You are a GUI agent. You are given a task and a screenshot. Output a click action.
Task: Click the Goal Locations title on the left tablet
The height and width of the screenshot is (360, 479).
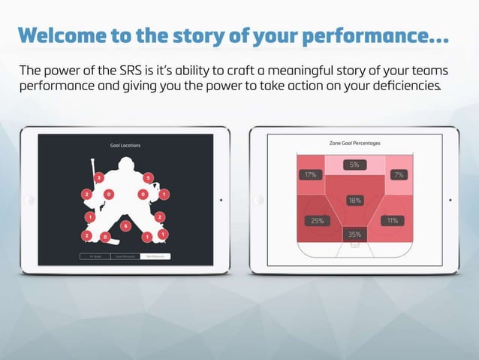125,145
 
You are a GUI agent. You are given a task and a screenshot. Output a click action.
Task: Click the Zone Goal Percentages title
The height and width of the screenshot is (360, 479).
354,142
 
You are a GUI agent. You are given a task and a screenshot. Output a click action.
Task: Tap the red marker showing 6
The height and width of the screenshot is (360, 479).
125,225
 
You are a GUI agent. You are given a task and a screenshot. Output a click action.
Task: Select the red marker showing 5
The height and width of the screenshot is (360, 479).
149,178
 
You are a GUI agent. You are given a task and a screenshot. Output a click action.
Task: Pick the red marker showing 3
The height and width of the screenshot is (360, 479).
99,177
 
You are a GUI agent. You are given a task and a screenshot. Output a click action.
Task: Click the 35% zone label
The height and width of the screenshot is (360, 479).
354,234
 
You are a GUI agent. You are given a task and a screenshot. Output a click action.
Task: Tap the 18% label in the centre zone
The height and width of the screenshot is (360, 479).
354,201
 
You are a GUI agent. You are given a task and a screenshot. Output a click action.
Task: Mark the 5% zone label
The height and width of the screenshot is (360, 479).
354,165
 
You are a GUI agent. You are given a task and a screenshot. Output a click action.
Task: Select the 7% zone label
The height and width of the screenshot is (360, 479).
398,175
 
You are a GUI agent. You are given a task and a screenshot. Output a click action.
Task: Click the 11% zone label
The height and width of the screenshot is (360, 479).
392,221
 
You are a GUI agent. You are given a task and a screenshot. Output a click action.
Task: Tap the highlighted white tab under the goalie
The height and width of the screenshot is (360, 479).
155,256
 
